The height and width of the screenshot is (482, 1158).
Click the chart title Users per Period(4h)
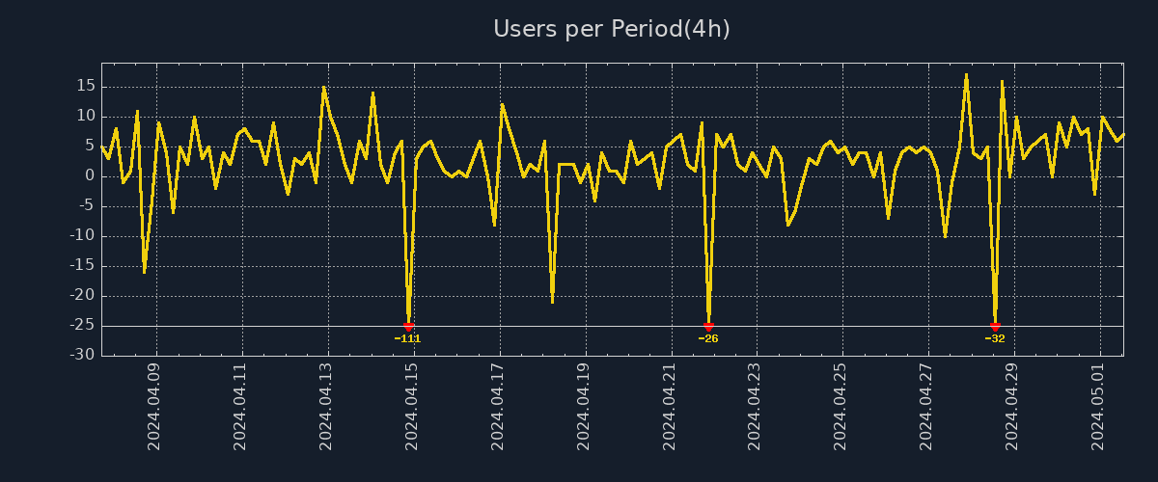pyautogui.click(x=612, y=29)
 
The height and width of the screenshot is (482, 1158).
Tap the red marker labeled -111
pyautogui.click(x=408, y=327)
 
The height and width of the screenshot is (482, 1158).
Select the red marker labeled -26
pyautogui.click(x=708, y=327)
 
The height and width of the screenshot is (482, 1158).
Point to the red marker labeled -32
pyautogui.click(x=995, y=327)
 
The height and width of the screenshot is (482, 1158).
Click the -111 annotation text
pyautogui.click(x=408, y=338)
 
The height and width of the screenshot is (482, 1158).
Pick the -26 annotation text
pyautogui.click(x=708, y=338)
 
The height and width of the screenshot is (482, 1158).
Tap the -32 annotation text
pyautogui.click(x=995, y=338)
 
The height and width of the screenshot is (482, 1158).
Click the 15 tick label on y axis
pyautogui.click(x=85, y=86)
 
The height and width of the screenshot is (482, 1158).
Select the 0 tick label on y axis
pyautogui.click(x=90, y=175)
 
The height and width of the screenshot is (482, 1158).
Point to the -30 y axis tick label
pyautogui.click(x=82, y=355)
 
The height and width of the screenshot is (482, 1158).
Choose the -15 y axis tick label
pyautogui.click(x=82, y=265)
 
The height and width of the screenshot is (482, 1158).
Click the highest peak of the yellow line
pyautogui.click(x=966, y=74)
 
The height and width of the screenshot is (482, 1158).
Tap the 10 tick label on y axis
pyautogui.click(x=85, y=116)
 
